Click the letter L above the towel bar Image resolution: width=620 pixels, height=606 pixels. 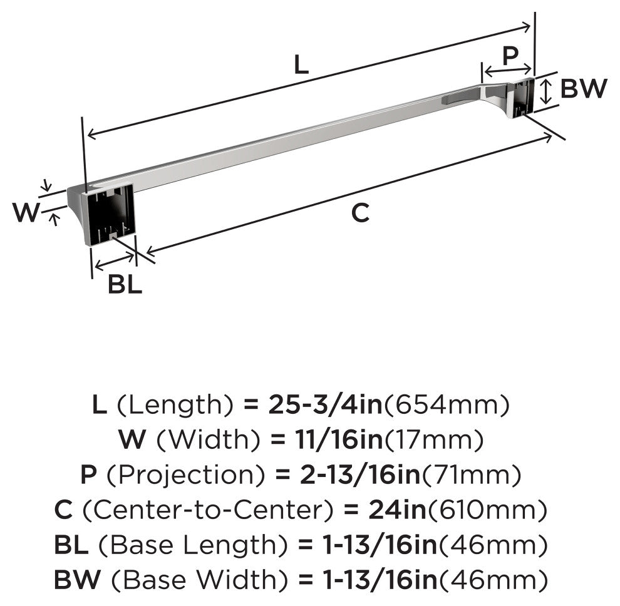[x=301, y=65]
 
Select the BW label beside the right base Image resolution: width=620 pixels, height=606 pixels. [x=584, y=88]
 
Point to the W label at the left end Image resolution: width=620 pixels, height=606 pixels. [x=26, y=212]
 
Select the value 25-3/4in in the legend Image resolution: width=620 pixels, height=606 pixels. [x=326, y=405]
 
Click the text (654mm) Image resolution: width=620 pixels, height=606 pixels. [x=447, y=405]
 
